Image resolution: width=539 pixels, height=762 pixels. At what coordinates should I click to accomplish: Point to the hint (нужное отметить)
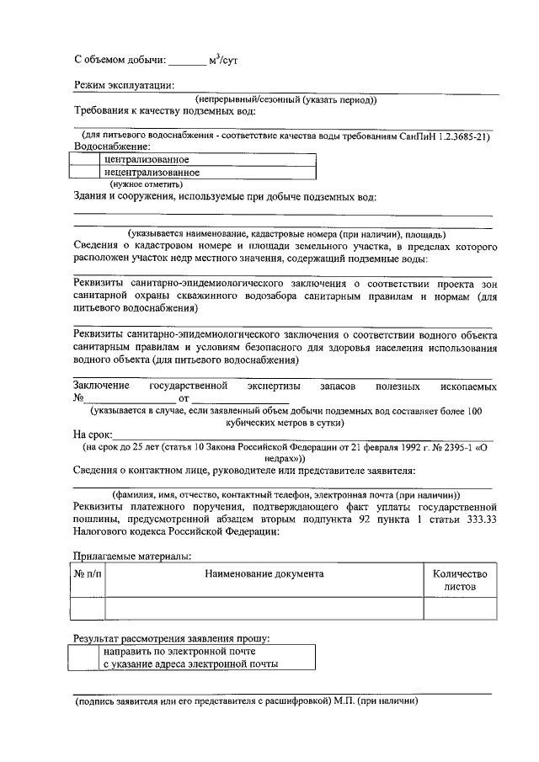(x=147, y=184)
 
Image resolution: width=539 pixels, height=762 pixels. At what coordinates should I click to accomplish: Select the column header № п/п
(x=88, y=574)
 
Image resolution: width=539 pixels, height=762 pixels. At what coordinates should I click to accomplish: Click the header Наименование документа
(x=264, y=574)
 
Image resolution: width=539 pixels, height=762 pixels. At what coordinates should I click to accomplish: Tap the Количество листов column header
(x=460, y=580)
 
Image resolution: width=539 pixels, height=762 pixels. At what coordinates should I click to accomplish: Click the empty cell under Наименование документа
(x=264, y=609)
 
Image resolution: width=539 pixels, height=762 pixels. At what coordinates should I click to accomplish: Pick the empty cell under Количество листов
(x=460, y=609)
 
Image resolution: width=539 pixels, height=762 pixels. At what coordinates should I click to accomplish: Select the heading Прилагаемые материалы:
(x=132, y=556)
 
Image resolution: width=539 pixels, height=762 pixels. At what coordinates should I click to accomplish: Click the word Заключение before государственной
(x=101, y=386)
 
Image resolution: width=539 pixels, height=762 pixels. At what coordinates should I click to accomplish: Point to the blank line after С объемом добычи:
(x=186, y=62)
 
